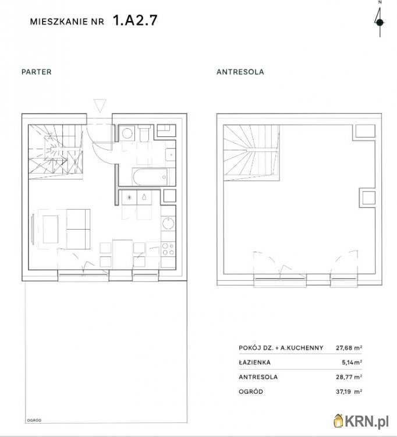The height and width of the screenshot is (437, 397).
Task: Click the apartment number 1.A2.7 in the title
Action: click(x=135, y=20)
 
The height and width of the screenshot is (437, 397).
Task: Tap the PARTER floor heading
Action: click(x=37, y=72)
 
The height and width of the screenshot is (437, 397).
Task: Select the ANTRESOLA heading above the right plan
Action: click(x=240, y=72)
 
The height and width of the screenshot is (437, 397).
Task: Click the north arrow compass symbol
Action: click(x=380, y=19)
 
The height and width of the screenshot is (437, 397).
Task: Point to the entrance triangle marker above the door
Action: click(x=100, y=105)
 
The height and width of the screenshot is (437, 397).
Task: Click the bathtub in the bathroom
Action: click(x=150, y=177)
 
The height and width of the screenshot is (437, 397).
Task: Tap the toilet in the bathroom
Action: click(x=144, y=133)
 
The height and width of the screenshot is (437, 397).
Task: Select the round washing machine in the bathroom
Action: click(x=127, y=133)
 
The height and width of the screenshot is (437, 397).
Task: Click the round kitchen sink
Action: click(x=168, y=224)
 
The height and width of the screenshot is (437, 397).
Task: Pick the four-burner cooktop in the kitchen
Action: click(x=168, y=249)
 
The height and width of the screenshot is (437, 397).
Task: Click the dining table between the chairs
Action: click(x=122, y=253)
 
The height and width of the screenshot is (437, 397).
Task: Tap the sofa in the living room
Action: click(x=78, y=229)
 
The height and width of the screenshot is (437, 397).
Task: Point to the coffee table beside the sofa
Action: click(x=51, y=229)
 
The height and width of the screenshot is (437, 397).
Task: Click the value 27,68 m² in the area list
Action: click(x=349, y=348)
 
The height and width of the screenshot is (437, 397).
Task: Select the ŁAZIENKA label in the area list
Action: click(x=254, y=362)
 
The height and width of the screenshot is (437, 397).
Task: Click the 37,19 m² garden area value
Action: click(x=349, y=392)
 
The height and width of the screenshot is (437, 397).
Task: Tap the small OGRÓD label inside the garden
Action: click(x=34, y=420)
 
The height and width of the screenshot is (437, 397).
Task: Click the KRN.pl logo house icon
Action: click(x=339, y=421)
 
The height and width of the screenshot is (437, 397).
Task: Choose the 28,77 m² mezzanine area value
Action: click(x=349, y=377)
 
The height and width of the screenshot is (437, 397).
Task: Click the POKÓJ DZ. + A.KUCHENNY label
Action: click(x=281, y=348)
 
